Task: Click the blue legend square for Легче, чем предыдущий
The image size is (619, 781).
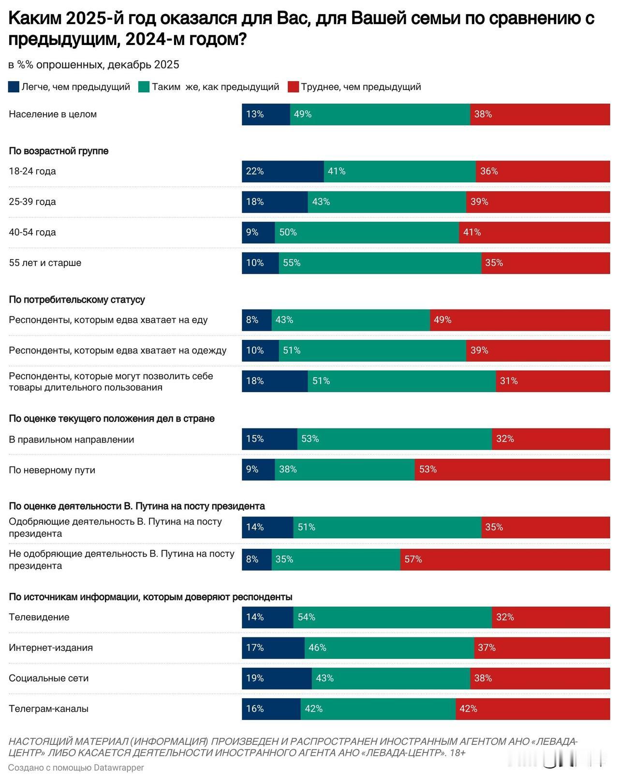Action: coord(14,87)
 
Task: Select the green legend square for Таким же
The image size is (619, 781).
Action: coord(144,87)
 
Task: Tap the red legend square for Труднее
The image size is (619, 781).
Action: coord(293,87)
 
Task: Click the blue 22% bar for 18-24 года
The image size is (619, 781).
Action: coord(282,171)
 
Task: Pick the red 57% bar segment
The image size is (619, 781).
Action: coord(505,560)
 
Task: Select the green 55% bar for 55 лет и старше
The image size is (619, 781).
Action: coord(380,263)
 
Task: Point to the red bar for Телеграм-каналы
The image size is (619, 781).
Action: coord(532,709)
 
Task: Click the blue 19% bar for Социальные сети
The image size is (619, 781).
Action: coord(277,678)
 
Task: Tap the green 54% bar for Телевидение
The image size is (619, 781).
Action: coord(392,618)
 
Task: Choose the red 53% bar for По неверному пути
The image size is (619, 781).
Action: coord(512,470)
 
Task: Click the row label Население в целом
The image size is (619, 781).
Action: coord(53,115)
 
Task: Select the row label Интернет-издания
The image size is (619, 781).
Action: coord(51,648)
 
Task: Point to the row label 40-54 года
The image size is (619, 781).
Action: coord(32,233)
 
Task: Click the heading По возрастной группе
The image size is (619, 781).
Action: coord(59,151)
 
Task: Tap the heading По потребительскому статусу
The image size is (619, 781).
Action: coord(77,300)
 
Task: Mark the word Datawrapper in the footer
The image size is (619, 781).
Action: coord(118,767)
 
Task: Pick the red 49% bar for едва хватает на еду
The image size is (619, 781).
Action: coord(520,320)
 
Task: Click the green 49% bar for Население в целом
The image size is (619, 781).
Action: coord(380,115)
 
